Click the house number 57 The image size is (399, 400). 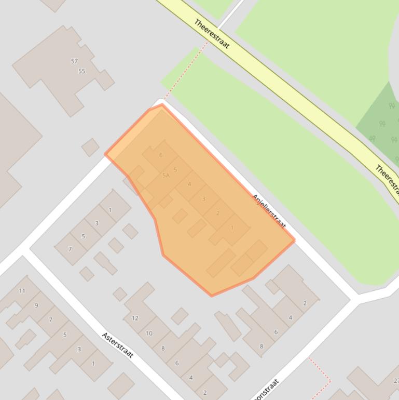click(74, 61)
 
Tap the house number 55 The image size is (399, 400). click(81, 71)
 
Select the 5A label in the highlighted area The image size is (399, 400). click(166, 176)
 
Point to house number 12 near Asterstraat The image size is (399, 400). click(135, 318)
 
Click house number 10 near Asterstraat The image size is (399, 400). click(149, 333)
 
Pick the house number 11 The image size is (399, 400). click(22, 290)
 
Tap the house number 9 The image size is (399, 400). click(36, 305)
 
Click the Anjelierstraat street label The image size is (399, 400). click(269, 211)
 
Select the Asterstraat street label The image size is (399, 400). click(118, 345)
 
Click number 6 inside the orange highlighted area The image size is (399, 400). click(161, 155)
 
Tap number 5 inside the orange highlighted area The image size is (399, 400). click(175, 170)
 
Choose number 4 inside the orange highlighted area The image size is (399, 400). click(189, 184)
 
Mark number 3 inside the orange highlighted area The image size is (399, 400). click(203, 198)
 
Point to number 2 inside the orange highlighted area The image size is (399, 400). click(217, 213)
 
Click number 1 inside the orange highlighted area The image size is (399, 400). click(232, 228)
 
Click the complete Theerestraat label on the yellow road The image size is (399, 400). click(212, 34)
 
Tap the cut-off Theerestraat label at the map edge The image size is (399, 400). click(387, 178)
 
